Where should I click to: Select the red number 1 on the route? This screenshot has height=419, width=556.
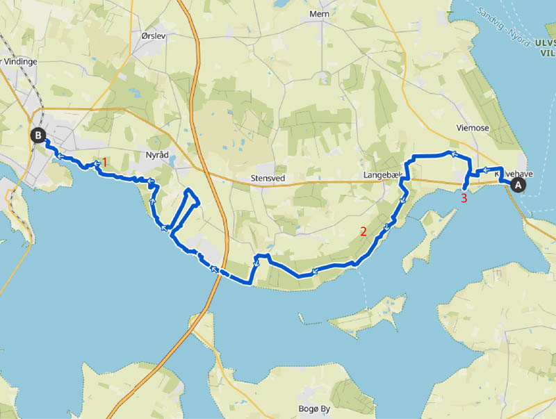pyautogui.click(x=105, y=161)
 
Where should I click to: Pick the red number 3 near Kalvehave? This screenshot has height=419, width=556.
pyautogui.click(x=464, y=197)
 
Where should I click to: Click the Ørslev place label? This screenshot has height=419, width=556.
pyautogui.click(x=153, y=35)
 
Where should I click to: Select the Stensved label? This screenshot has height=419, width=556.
pyautogui.click(x=268, y=178)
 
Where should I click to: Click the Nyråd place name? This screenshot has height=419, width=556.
pyautogui.click(x=158, y=154)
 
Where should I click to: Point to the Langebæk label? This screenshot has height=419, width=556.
pyautogui.click(x=382, y=175)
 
